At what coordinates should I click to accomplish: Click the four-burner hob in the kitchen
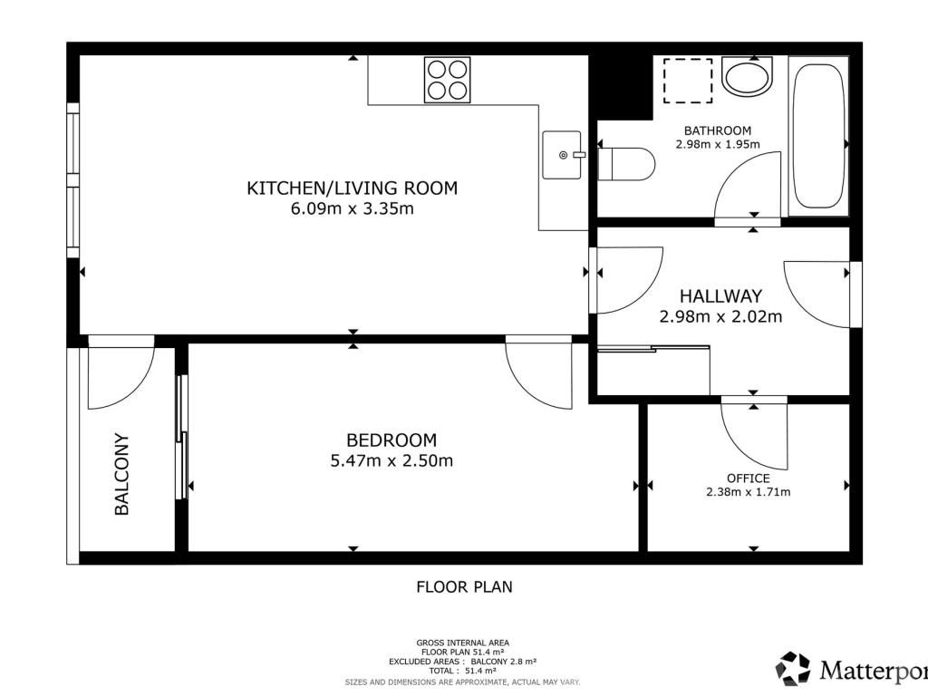448,80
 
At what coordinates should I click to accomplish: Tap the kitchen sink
562,155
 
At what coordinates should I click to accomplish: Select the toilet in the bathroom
626,165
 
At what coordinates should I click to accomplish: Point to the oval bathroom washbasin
748,77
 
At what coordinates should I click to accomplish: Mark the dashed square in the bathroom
688,81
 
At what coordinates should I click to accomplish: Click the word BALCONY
121,474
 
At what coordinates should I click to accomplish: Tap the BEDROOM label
391,440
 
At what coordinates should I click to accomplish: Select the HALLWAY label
720,296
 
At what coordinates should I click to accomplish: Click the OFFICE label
748,478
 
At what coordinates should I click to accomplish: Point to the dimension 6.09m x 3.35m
353,208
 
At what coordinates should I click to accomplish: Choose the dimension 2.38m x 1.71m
748,492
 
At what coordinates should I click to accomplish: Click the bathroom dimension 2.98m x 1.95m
718,144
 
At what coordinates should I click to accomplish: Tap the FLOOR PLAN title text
465,586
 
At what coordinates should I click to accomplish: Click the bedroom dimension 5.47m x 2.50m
391,460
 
